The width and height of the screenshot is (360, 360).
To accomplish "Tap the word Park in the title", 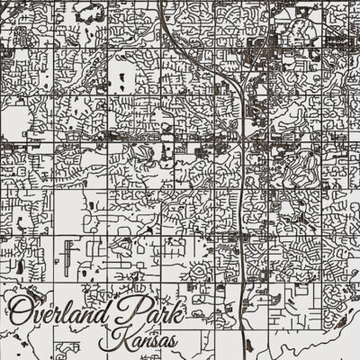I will [x=155, y=315].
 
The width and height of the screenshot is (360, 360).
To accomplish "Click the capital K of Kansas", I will [x=112, y=342].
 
